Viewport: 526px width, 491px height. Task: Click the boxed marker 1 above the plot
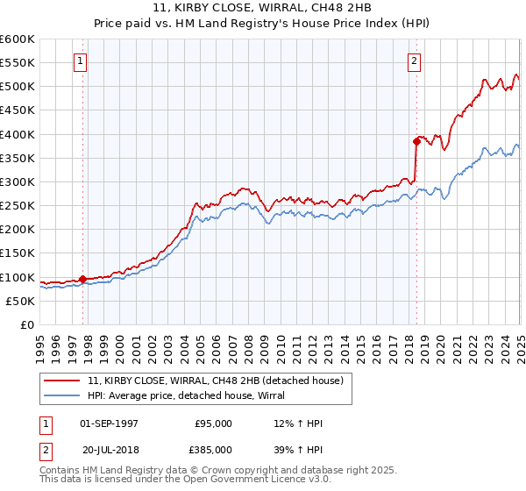point(81,61)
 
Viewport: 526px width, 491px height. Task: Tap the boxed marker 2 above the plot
point(414,61)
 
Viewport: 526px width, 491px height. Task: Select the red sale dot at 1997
point(83,279)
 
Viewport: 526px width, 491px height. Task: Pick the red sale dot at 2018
point(416,140)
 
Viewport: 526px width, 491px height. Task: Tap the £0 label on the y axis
point(26,324)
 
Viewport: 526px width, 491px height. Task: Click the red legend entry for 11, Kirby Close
point(219,381)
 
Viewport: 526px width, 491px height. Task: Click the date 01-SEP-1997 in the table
point(109,423)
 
